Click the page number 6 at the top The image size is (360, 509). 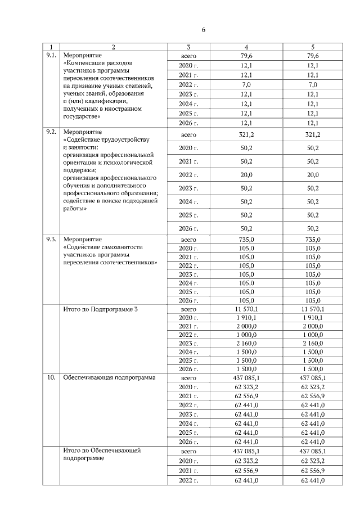pos(204,30)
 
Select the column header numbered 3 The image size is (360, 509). pos(188,47)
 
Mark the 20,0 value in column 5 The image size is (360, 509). pos(312,175)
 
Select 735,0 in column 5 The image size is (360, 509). pos(312,239)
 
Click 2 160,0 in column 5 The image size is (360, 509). pos(312,343)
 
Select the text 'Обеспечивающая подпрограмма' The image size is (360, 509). pos(109,377)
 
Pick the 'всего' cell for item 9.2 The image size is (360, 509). pos(188,135)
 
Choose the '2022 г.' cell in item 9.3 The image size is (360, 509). pos(188,265)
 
